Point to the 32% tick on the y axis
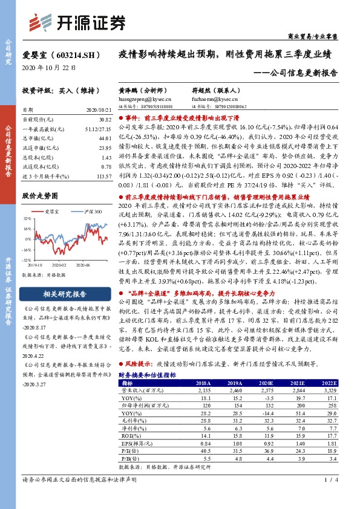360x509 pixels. click(27, 218)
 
